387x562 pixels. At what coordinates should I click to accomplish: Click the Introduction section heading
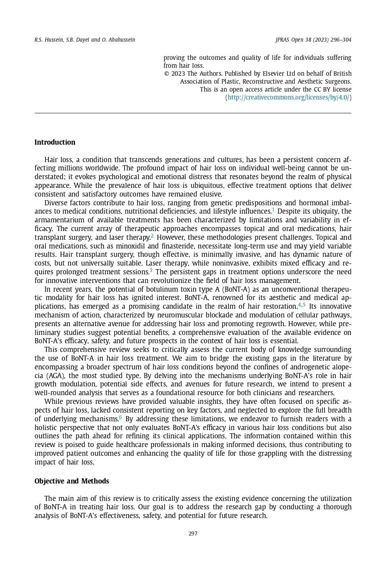[55, 142]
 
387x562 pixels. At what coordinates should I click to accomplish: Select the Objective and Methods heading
[71, 481]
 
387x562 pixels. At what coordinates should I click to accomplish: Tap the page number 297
[193, 533]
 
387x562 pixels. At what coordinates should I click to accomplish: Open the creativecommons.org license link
[288, 97]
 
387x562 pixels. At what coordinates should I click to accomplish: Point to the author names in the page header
[85, 40]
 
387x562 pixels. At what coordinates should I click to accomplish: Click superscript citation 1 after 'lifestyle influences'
[273, 210]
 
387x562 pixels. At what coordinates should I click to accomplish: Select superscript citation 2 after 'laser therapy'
[152, 236]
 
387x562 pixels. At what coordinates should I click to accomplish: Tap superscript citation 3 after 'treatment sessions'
[151, 270]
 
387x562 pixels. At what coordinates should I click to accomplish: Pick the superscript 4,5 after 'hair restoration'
[302, 305]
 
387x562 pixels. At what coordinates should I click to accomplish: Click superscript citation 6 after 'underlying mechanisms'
[120, 417]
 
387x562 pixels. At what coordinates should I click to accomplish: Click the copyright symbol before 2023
[167, 74]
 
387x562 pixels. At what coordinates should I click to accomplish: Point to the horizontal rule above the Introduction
[193, 113]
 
